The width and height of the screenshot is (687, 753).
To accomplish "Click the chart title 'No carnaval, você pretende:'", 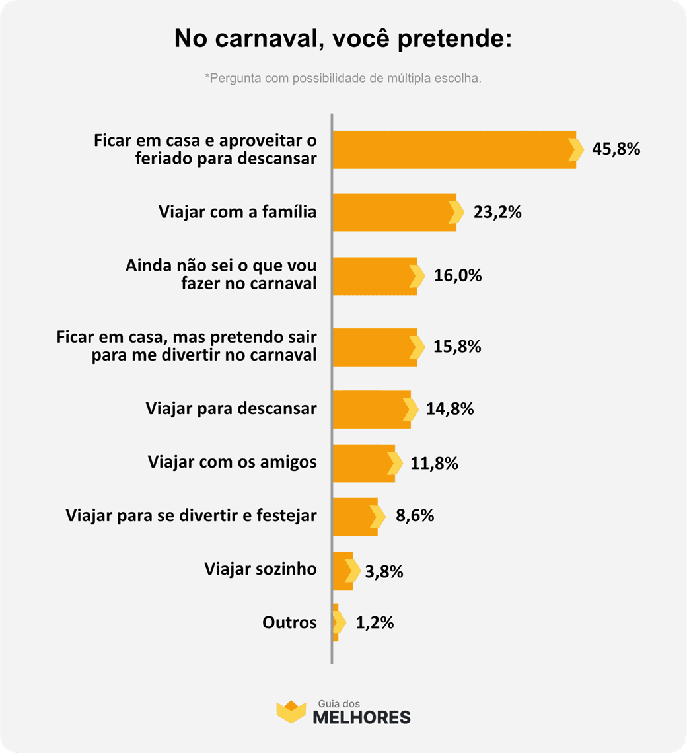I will click(343, 38).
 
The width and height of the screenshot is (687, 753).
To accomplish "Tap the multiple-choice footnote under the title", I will click(343, 79).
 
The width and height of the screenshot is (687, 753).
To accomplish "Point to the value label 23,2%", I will click(497, 213).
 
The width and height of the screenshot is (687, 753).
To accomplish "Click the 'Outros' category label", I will click(289, 622).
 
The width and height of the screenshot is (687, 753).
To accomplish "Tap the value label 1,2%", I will click(375, 622).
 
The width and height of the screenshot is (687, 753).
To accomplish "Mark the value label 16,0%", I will click(458, 276).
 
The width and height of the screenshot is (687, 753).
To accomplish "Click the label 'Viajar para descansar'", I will click(231, 408).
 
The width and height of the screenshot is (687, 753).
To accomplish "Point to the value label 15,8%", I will click(457, 347).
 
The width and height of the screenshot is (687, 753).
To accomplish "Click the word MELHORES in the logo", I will click(361, 717).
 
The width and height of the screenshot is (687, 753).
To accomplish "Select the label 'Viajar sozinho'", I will click(260, 569).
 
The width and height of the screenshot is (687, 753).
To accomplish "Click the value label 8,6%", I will click(415, 516).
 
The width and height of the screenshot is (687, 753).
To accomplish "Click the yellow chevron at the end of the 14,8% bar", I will click(411, 410).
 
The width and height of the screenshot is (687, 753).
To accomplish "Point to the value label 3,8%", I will click(383, 571).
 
